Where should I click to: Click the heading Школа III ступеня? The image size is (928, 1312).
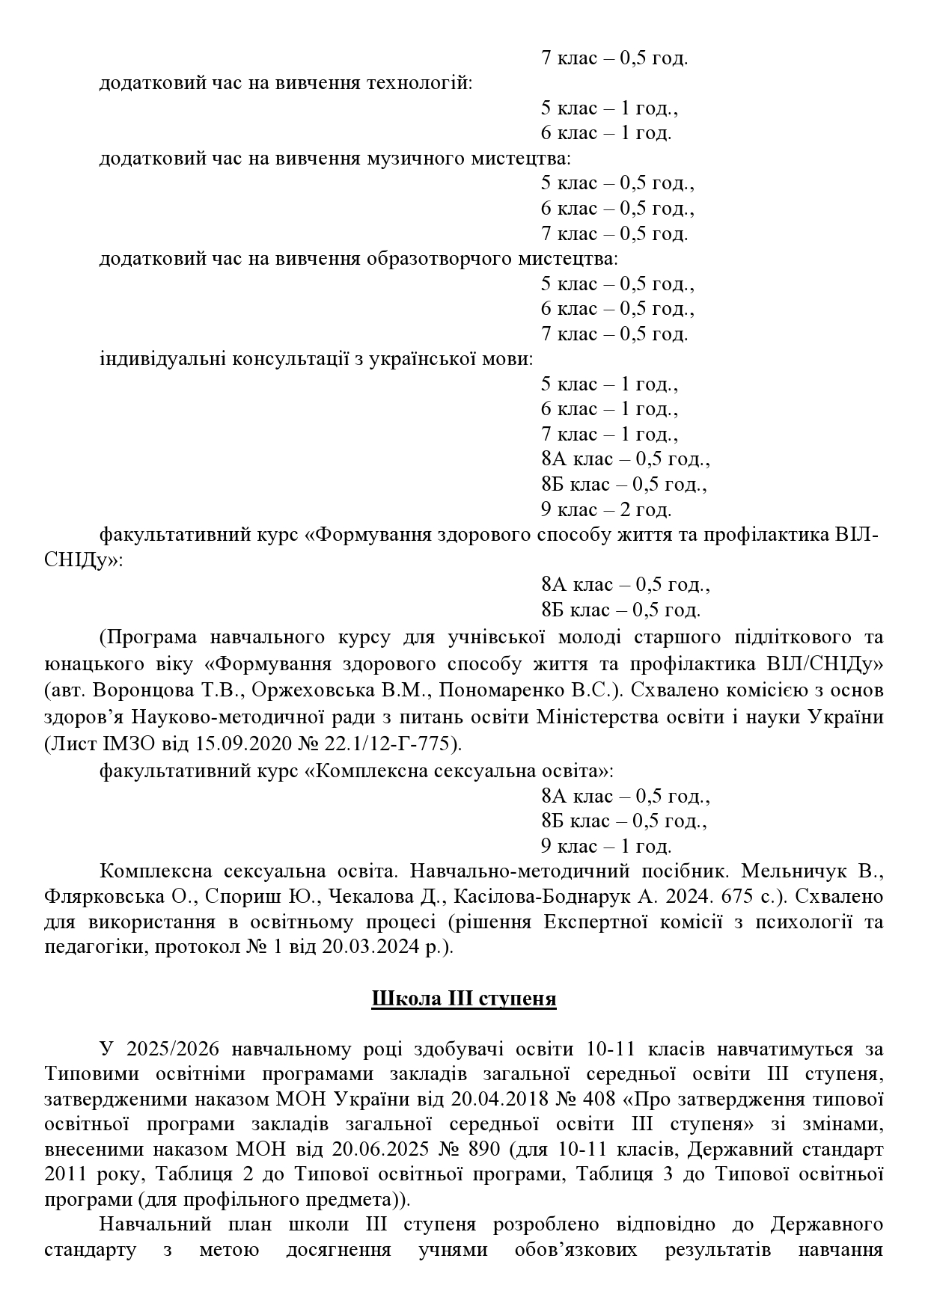[x=463, y=999]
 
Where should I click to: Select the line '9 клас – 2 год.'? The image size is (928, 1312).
[x=606, y=509]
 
